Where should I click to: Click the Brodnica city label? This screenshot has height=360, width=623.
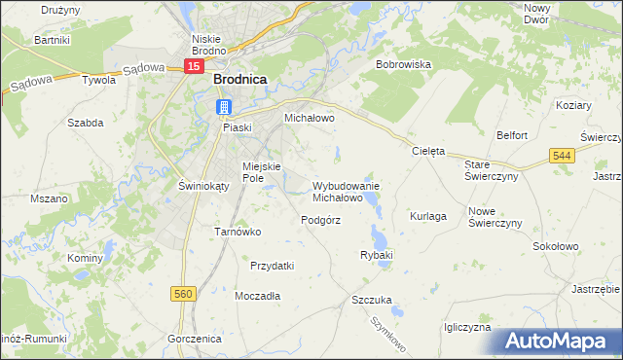[x=240, y=84]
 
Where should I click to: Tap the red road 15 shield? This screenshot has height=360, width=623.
[x=195, y=66]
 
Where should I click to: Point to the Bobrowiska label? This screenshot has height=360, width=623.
[x=403, y=64]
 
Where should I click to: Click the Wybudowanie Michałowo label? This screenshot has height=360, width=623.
[x=345, y=191]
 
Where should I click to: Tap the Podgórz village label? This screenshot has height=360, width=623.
[x=320, y=220]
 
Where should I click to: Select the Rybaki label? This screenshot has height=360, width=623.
[x=376, y=255]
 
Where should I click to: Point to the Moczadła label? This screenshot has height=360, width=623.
[x=258, y=295]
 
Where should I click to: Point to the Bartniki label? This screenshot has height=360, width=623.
[x=53, y=41]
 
